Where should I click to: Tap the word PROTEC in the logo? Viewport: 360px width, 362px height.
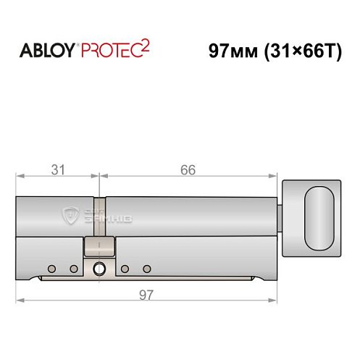coord(109,51)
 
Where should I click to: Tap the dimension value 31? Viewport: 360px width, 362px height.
coord(58,171)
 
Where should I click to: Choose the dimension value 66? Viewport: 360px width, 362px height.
coord(188,171)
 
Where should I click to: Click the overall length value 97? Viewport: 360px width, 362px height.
coord(146,293)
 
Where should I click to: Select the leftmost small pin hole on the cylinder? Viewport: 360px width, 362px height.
coord(51,269)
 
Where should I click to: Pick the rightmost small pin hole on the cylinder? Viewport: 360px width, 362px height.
coord(146,269)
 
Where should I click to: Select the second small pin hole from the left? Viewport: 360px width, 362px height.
coord(73,269)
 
